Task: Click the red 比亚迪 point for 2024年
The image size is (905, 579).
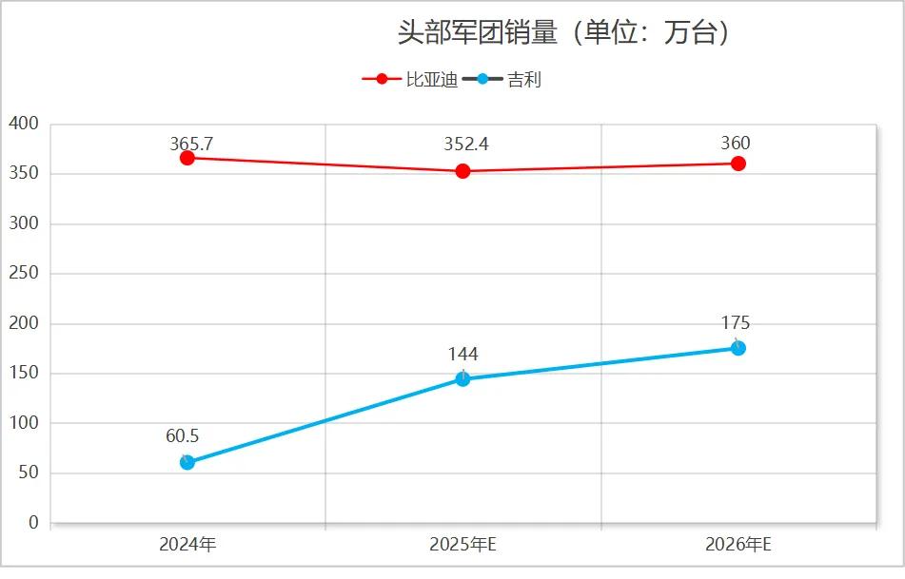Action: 187,158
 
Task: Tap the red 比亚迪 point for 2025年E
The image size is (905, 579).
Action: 462,171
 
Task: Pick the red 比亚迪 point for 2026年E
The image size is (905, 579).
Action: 738,164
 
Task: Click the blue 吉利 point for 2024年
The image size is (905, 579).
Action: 187,462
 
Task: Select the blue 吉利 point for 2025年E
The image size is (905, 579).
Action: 462,379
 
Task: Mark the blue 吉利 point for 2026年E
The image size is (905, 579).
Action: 738,348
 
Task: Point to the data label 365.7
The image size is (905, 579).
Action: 191,144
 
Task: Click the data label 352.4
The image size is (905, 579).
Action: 466,144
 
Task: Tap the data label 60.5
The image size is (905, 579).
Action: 182,436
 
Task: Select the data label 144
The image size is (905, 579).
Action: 463,355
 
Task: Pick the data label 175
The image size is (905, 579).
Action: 736,323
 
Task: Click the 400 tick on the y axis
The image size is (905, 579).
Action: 23,124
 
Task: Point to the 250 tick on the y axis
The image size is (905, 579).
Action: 23,274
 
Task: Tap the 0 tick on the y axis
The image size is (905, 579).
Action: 33,523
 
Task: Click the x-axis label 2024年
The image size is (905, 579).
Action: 187,545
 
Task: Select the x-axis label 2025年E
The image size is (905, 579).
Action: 463,545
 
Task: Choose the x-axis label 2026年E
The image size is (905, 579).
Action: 738,545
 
